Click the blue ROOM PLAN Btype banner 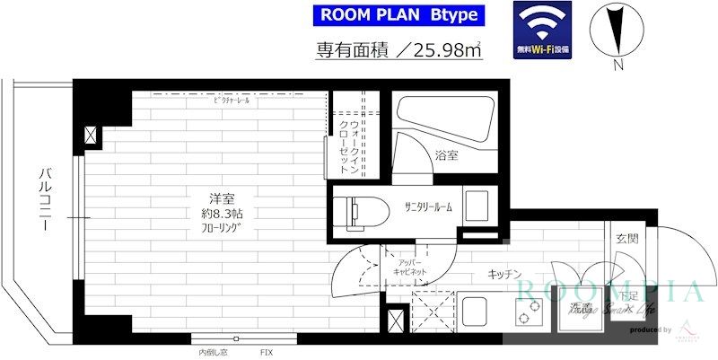(398, 15)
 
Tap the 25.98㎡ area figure (446, 51)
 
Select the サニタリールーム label (428, 207)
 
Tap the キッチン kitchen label (505, 274)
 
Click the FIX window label (267, 351)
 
